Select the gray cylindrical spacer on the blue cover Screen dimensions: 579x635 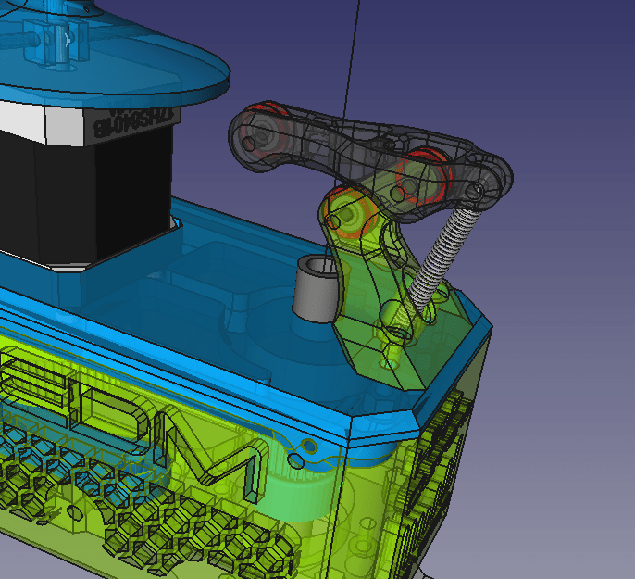[x=313, y=289]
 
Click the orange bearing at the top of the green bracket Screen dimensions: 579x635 [x=352, y=215]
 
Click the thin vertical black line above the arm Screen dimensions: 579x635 [x=350, y=56]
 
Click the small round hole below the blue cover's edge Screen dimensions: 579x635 [x=295, y=459]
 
